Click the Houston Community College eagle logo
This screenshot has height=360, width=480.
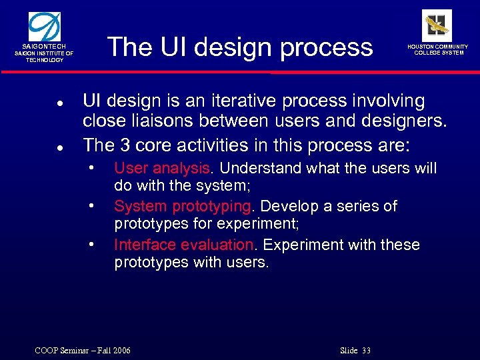tap(437, 25)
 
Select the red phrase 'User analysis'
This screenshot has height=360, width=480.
tap(161, 168)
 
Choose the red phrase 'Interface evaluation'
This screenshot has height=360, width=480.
tap(183, 245)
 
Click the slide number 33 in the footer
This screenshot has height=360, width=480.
tap(365, 351)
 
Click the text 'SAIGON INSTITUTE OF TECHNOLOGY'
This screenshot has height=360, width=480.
tap(45, 57)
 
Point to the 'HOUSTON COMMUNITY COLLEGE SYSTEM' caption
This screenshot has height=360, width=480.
tap(438, 50)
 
